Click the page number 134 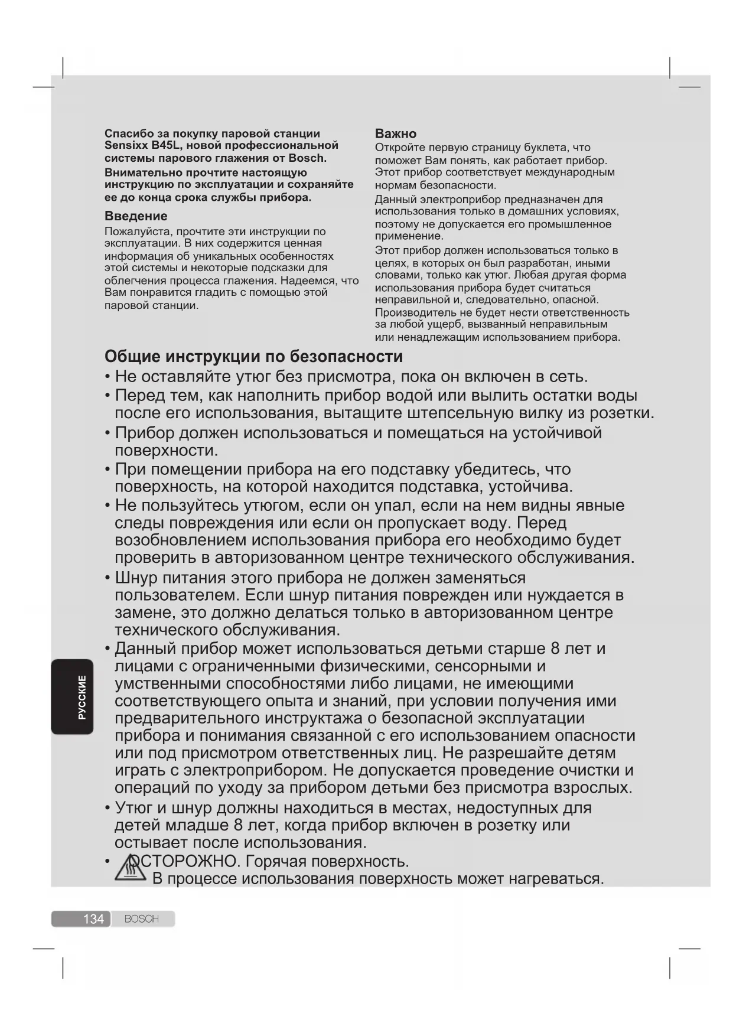93,919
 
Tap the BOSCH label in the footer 142,919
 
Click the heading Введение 136,216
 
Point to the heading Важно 396,134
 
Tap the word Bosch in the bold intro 307,158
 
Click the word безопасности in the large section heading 346,357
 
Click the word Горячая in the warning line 275,862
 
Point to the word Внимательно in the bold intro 144,172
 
